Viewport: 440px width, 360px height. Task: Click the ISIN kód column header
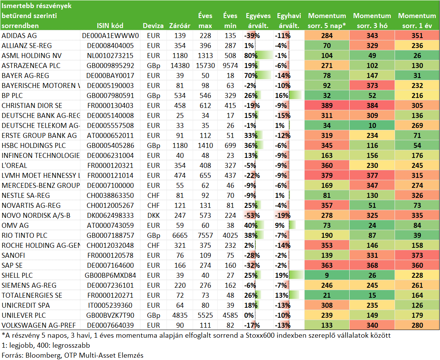(110, 26)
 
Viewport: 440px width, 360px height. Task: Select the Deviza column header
(153, 26)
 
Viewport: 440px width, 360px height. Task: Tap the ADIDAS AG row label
(19, 36)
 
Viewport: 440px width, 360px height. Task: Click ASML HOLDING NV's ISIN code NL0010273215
(110, 55)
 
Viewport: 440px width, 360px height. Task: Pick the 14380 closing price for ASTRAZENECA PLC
(180, 66)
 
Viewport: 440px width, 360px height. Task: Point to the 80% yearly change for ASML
(251, 55)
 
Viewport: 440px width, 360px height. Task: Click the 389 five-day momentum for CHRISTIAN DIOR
(327, 105)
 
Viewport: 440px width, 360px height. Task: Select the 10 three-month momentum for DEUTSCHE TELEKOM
(372, 126)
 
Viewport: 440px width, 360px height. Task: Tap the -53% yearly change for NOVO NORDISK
(252, 216)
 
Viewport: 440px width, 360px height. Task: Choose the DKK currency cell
(153, 216)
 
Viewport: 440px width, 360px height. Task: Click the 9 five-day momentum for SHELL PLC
(327, 275)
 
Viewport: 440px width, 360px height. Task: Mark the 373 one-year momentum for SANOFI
(417, 255)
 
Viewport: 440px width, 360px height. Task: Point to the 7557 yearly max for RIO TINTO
(205, 236)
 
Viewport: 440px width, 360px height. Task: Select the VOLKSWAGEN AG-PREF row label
(38, 325)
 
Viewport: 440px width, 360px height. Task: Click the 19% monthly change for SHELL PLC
(282, 275)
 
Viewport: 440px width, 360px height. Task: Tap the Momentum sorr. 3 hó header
(372, 21)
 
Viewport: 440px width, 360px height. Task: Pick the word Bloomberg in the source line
(43, 355)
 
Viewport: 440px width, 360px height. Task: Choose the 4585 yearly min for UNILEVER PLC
(230, 315)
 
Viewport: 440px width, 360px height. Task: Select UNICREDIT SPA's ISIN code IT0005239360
(110, 305)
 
